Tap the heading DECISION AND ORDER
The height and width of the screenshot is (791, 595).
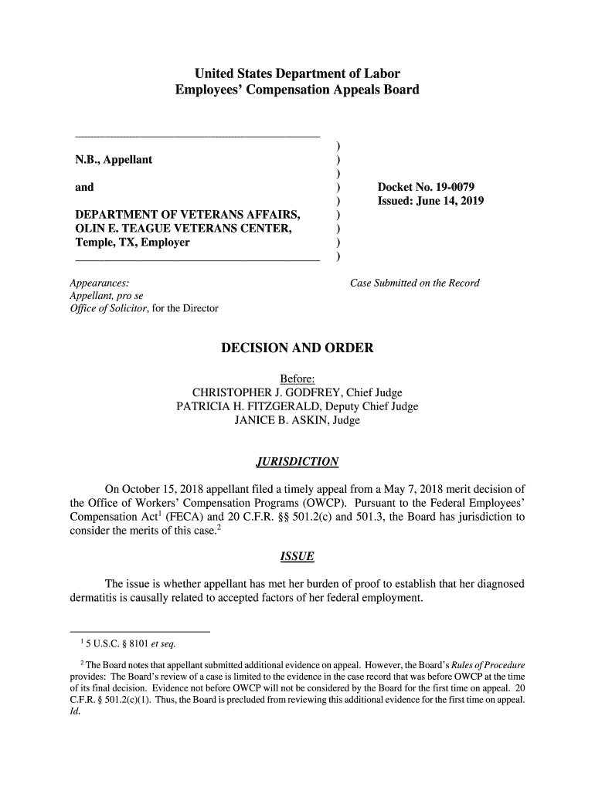pos(297,348)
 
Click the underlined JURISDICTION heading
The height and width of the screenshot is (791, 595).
pos(297,463)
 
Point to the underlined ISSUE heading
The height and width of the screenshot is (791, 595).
pos(297,556)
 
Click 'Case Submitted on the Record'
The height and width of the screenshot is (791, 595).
pos(415,283)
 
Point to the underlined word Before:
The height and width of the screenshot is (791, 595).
pos(297,379)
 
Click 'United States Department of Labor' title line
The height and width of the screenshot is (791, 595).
pos(297,74)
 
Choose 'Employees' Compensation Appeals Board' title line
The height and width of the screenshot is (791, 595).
pos(297,90)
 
